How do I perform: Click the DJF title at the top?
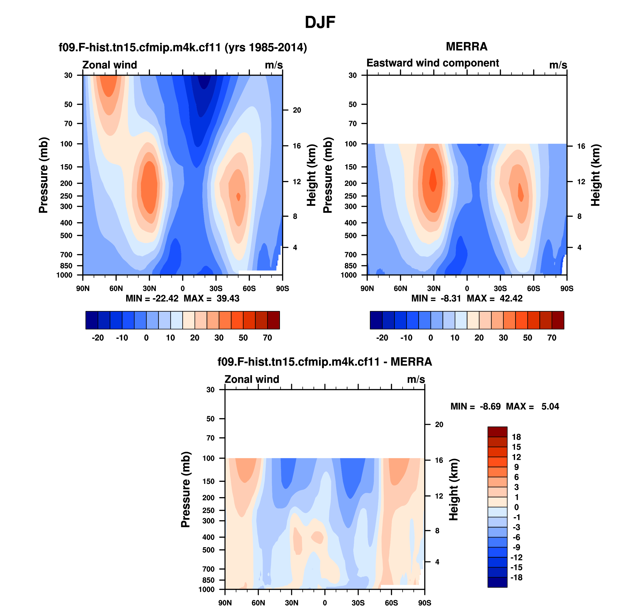coord(320,22)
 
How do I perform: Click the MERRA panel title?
coord(466,47)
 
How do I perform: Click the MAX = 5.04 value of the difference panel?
coord(533,407)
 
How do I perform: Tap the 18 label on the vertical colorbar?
coord(516,437)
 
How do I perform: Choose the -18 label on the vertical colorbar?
coord(516,577)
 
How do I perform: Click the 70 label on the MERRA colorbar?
coord(552,338)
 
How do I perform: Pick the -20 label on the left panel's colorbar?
coord(97,338)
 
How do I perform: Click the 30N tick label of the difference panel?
coord(291,603)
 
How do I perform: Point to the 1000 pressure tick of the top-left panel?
coord(64,275)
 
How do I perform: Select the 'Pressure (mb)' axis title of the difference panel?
coord(186,490)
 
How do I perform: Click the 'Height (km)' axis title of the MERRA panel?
coord(595,175)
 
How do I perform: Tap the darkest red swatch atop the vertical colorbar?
coord(497,432)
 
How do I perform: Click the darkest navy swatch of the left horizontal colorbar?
coord(92,320)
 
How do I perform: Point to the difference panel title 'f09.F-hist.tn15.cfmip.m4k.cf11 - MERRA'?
coord(325,362)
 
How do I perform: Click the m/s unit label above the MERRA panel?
coord(558,65)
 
